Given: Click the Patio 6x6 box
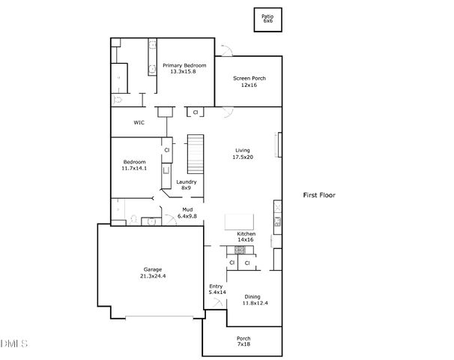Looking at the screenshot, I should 267,19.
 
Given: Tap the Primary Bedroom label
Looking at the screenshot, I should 184,68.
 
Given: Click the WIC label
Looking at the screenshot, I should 139,121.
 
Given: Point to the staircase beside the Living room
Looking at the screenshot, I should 196,153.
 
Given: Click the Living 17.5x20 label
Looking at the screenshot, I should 243,153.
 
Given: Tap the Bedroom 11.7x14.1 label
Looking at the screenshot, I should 134,166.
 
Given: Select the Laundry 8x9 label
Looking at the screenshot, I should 187,185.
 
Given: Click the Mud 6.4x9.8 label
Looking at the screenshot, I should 187,213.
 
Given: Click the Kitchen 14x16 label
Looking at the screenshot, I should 246,237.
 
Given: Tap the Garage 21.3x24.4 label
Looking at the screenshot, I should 153,272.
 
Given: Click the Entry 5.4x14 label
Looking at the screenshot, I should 216,289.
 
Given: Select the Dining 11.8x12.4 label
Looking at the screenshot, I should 254,300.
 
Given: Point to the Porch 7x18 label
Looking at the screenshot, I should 243,341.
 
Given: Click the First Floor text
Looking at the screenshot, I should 319,195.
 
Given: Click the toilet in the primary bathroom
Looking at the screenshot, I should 118,99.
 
